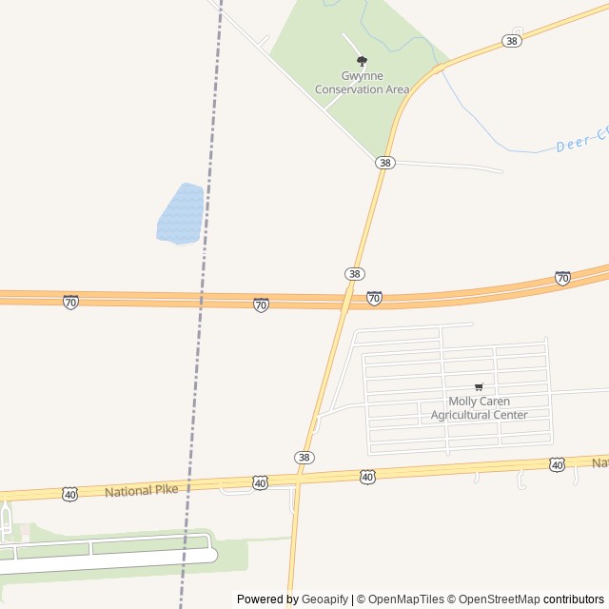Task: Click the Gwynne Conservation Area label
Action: click(362, 83)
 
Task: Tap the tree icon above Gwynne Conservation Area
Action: click(362, 61)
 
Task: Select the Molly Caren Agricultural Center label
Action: click(479, 408)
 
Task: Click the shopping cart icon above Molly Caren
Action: click(479, 386)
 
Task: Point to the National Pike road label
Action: click(141, 491)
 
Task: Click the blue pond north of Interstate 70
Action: click(181, 213)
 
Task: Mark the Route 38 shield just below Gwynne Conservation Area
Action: click(384, 163)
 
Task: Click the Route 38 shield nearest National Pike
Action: click(304, 458)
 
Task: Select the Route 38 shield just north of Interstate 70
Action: click(354, 274)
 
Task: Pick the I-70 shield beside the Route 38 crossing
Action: click(375, 299)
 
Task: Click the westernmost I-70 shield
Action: click(70, 302)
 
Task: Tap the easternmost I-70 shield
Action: click(562, 279)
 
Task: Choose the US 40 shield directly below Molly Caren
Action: click(367, 476)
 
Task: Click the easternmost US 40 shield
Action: click(557, 464)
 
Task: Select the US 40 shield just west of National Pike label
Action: click(70, 494)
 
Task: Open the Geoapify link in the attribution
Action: click(324, 599)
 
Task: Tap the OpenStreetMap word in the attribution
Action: click(500, 599)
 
